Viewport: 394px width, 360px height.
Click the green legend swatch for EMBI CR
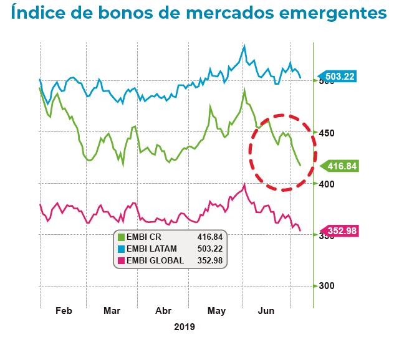point(121,237)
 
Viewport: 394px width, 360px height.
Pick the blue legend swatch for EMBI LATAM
point(121,249)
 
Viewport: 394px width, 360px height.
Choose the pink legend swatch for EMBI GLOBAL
point(121,260)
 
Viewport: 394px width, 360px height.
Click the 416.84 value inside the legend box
point(209,237)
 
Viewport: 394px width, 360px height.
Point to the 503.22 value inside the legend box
point(209,249)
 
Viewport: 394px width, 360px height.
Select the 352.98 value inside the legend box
point(209,260)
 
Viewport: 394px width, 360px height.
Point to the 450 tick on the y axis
point(327,133)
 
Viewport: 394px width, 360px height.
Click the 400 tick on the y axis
point(327,184)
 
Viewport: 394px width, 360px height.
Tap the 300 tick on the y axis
point(327,286)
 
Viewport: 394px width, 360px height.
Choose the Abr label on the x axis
point(163,311)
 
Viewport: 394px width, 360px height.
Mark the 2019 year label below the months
point(185,327)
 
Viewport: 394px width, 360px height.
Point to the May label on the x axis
point(216,311)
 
